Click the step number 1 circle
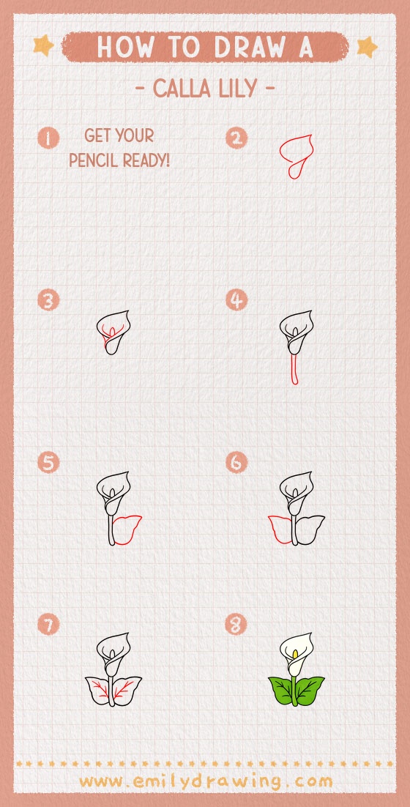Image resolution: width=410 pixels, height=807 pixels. coord(48,138)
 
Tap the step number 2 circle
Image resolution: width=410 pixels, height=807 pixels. coord(236,138)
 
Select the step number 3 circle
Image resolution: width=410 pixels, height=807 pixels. coord(48,300)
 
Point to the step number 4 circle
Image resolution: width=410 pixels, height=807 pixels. coord(236,300)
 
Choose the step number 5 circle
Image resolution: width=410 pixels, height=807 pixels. coord(48,463)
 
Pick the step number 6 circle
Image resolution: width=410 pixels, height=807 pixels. coord(236,463)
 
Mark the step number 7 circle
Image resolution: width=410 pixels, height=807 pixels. coord(48,625)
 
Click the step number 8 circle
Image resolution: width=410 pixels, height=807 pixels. coord(236,625)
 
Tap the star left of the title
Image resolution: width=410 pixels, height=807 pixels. coord(43,47)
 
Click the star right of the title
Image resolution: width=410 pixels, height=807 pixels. coord(367,47)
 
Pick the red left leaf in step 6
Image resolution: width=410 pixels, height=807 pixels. coord(280,529)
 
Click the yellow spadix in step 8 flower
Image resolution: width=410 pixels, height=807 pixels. coord(295,655)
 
